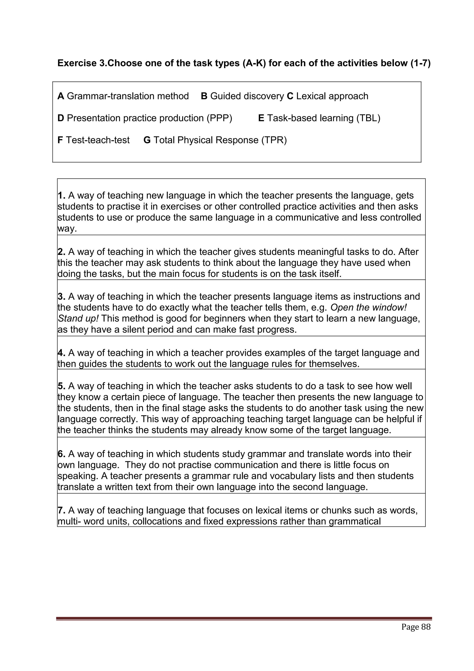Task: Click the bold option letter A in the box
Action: point(60,96)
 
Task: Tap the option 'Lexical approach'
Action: point(332,96)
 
